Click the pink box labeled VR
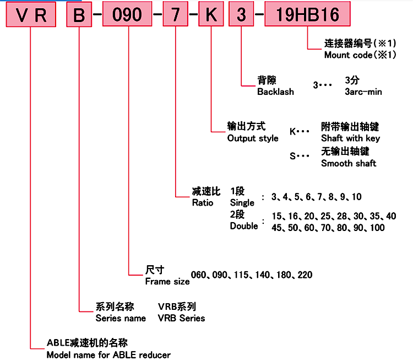point(31,15)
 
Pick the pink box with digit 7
point(175,15)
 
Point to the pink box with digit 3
point(242,15)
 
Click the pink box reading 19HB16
point(306,15)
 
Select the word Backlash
point(275,92)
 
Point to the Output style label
point(253,138)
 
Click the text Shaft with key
point(350,138)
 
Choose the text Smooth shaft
point(349,163)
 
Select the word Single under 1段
point(242,203)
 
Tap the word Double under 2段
point(244,225)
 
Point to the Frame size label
point(167,281)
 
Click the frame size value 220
point(305,275)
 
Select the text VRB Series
point(181,318)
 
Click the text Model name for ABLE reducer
point(108,354)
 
